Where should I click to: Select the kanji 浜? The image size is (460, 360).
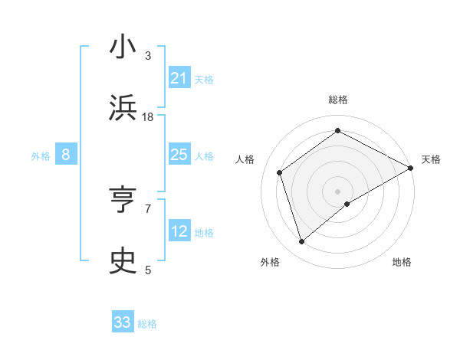tap(123, 107)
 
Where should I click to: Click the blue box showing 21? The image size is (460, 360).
tap(179, 78)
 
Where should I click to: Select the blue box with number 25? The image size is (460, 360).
tap(179, 155)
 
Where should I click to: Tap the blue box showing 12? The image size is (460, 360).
tap(179, 231)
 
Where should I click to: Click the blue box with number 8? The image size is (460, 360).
tap(66, 155)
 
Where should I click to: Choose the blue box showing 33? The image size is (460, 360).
tap(123, 322)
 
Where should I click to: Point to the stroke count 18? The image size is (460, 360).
tap(148, 116)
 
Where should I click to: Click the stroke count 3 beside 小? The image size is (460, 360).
tap(148, 56)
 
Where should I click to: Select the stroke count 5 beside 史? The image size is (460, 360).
tap(148, 270)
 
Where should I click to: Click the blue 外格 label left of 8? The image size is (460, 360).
tap(41, 156)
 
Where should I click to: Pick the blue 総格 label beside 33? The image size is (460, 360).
tap(147, 324)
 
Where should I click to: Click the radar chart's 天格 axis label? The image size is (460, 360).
tap(431, 159)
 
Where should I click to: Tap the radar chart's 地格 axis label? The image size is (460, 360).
tap(402, 262)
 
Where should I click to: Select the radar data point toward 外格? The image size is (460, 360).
tap(301, 242)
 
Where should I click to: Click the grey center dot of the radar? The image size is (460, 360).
tap(337, 190)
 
